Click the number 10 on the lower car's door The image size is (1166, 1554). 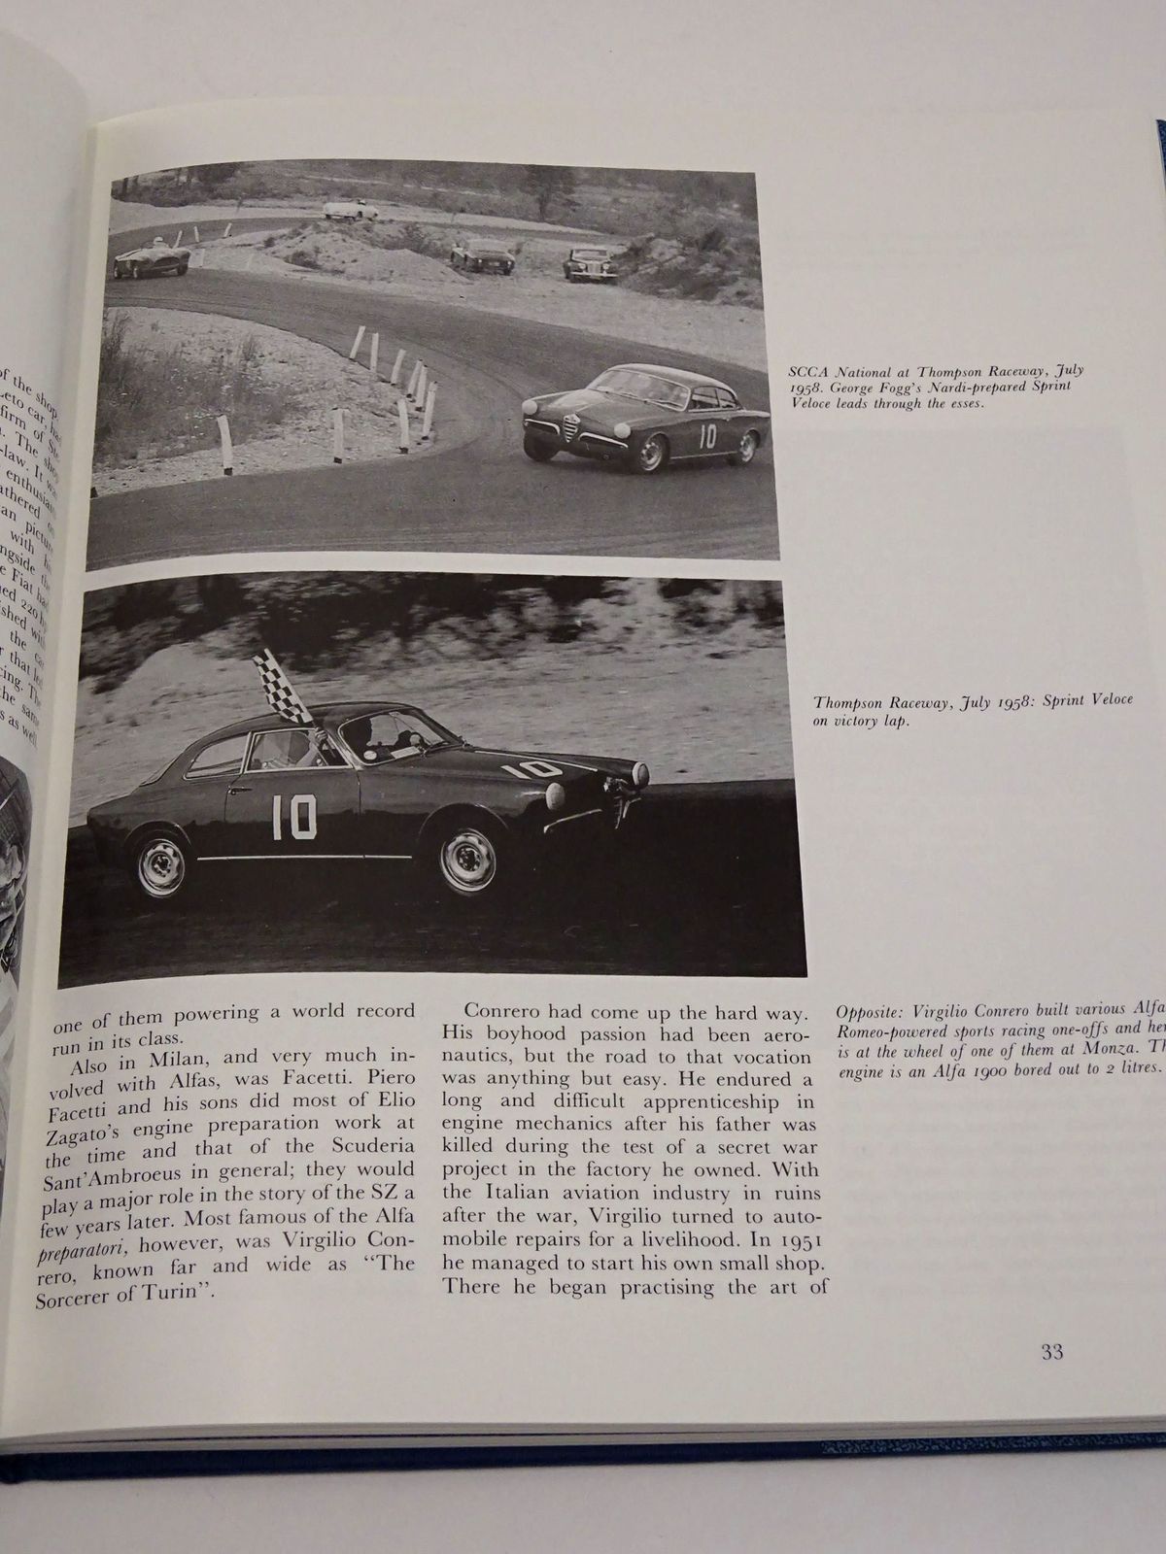(x=293, y=816)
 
